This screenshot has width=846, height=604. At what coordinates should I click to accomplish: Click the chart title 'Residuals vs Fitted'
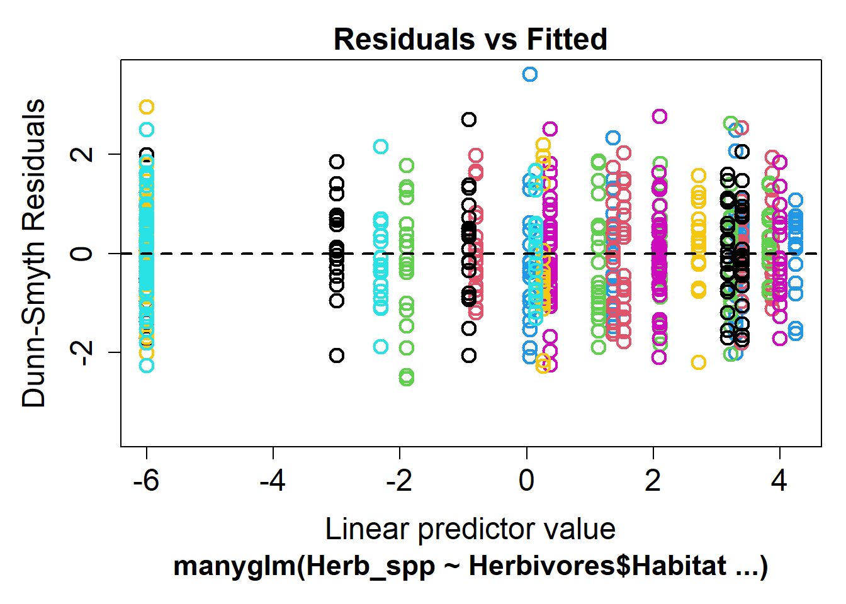[x=470, y=39]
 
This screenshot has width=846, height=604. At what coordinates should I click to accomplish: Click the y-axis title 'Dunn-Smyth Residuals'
[x=34, y=253]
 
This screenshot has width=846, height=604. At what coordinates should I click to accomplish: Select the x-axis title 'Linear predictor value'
[x=470, y=530]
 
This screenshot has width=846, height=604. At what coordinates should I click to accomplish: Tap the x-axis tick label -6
[x=146, y=481]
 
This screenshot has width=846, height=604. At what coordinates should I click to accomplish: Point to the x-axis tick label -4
[x=273, y=481]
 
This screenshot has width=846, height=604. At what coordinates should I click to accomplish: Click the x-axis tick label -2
[x=399, y=481]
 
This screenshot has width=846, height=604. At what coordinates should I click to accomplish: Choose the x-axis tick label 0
[x=526, y=481]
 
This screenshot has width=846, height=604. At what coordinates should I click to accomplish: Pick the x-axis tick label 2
[x=653, y=481]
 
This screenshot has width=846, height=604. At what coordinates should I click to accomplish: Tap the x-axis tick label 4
[x=779, y=481]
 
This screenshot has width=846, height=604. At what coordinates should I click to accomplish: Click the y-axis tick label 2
[x=82, y=154]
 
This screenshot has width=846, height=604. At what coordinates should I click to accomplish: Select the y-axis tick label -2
[x=82, y=352]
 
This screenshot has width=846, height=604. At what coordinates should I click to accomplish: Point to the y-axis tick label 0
[x=82, y=254]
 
